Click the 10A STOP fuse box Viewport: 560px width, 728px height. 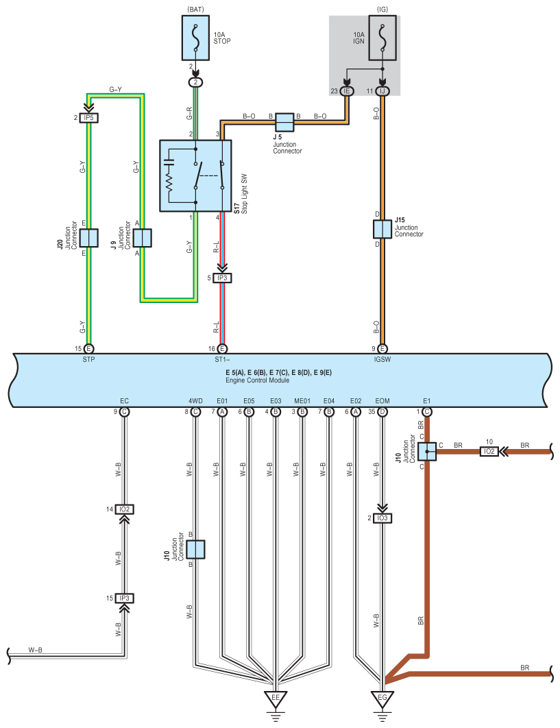coord(195,38)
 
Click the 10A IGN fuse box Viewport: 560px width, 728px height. coord(382,38)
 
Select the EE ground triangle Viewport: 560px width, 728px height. coord(276,699)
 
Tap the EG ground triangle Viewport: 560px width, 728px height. coord(382,699)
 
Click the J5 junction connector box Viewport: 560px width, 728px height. coord(284,122)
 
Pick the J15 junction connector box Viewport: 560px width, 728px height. coord(382,230)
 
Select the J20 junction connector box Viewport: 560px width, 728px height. coord(88,238)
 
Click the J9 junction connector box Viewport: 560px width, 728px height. coord(143,238)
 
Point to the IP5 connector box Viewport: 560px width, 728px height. coord(88,118)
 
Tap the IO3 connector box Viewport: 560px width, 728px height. coord(382,518)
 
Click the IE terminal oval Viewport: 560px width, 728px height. coord(346,91)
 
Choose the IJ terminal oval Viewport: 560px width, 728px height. coord(382,91)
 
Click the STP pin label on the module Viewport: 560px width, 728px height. coord(88,359)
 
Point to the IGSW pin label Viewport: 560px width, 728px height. coord(382,359)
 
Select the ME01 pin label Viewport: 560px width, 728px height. coord(302,401)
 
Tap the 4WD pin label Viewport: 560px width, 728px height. coord(195,401)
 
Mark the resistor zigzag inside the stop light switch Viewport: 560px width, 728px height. coord(169,183)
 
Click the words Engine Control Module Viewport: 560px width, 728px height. coord(257,380)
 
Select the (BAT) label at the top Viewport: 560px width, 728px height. coord(195,10)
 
